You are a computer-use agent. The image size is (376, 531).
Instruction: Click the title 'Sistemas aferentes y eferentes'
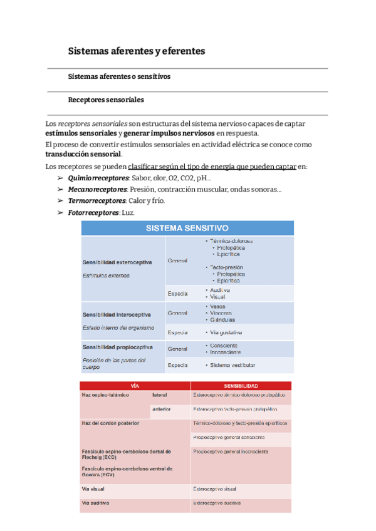click(136, 51)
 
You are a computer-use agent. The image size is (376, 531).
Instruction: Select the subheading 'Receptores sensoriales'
click(106, 100)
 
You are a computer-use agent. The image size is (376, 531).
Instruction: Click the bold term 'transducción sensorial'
click(83, 154)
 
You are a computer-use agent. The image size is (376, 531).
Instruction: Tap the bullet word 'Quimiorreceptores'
click(97, 178)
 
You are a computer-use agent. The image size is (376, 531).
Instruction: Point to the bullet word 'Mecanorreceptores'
click(98, 190)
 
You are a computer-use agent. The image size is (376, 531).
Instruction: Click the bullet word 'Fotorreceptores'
click(93, 213)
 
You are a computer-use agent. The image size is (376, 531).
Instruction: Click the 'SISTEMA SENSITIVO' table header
click(187, 229)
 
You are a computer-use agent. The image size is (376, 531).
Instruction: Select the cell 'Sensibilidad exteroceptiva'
click(117, 262)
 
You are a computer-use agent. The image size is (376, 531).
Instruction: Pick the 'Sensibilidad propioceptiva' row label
click(117, 347)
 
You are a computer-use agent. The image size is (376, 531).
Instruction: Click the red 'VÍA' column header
click(135, 386)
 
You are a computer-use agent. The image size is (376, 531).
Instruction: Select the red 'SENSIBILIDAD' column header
click(241, 386)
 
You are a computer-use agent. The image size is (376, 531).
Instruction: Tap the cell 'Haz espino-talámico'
click(105, 396)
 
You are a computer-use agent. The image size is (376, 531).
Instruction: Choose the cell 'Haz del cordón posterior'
click(110, 423)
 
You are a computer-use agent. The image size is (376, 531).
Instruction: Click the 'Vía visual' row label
click(94, 488)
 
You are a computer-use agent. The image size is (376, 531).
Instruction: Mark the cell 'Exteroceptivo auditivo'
click(217, 503)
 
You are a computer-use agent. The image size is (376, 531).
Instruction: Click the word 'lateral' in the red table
click(160, 396)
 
